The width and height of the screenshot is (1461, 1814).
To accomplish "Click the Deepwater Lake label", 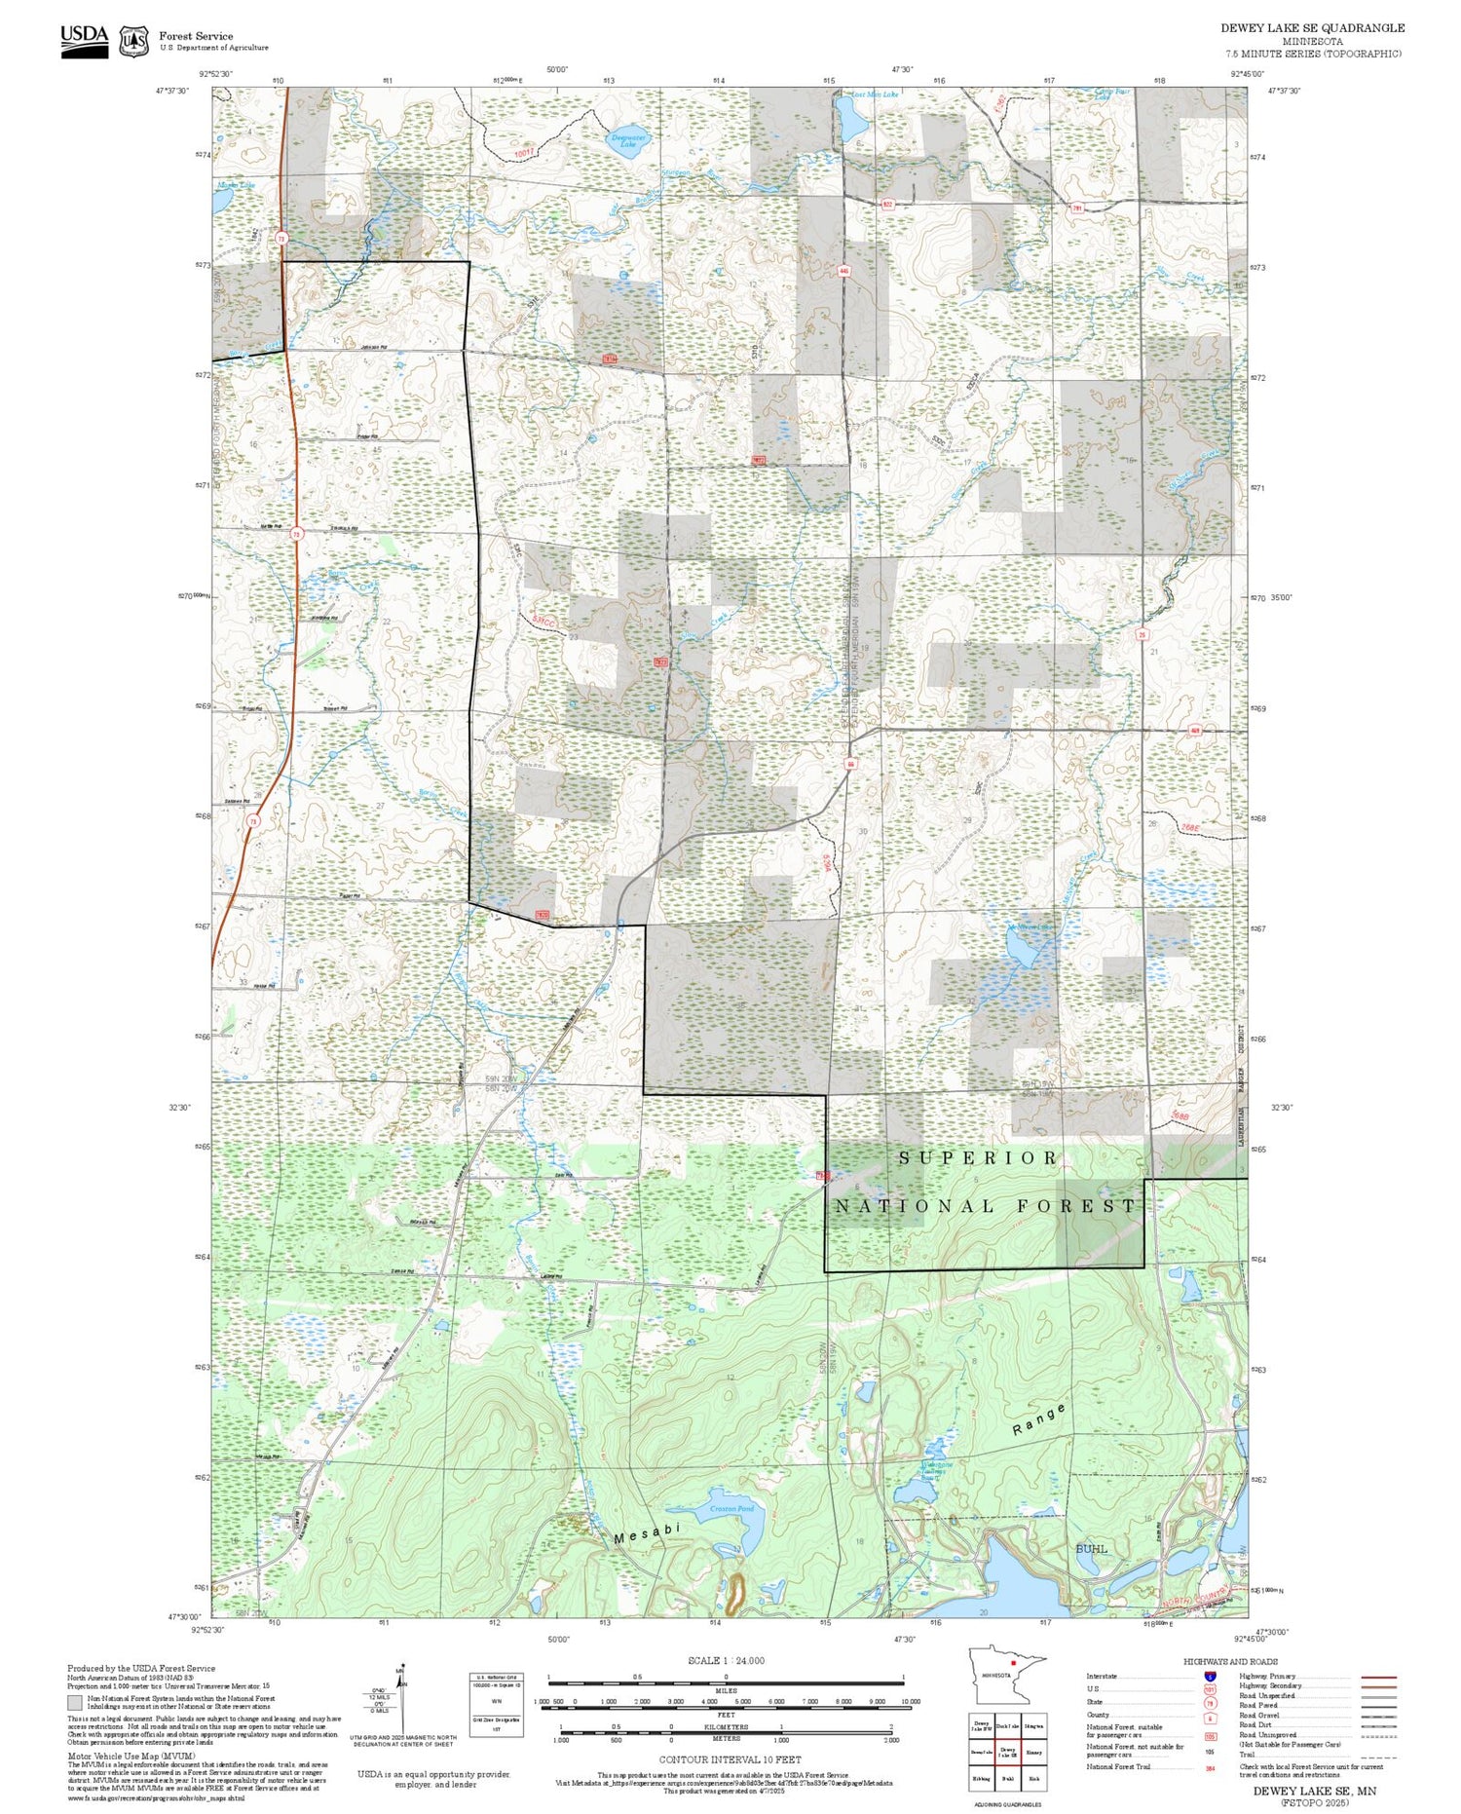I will pos(628,140).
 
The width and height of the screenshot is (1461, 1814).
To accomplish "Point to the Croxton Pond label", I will pos(731,1509).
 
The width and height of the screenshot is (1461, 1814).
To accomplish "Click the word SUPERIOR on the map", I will pos(977,1157).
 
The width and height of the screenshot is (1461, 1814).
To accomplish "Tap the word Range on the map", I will pos(1038,1419).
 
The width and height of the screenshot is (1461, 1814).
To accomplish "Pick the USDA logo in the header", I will pos(84,41).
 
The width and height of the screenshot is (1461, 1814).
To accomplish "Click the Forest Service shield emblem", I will pos(133,42).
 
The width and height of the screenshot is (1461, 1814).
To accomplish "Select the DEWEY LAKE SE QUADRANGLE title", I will pos(1312,28).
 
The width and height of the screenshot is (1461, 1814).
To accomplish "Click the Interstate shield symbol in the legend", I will pos(1210,1676).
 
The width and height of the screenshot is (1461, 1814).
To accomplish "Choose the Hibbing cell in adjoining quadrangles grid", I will pos(982,1778).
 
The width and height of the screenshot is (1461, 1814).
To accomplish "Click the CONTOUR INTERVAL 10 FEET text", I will pos(730,1759).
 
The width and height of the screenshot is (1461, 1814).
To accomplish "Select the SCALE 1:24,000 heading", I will pos(726,1660).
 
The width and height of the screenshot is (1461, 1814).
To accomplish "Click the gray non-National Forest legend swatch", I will pos(75,1702).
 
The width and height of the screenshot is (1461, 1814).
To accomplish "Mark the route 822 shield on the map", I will pos(887,205).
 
